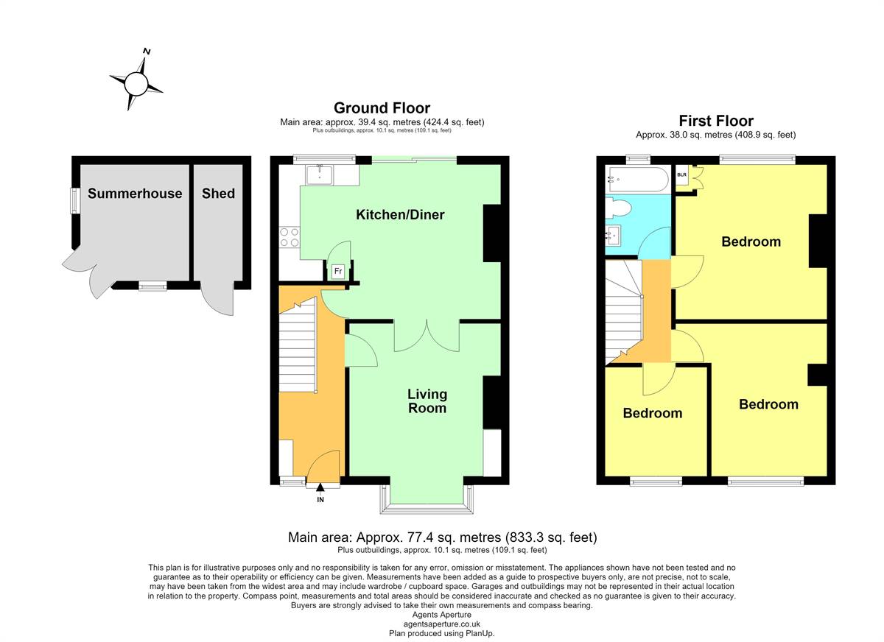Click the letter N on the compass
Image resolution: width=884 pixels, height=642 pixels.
coord(147,52)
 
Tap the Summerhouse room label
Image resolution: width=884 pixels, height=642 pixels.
coord(135,193)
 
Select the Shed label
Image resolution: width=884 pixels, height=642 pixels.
coord(218,193)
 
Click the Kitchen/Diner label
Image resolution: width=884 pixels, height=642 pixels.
coord(400,214)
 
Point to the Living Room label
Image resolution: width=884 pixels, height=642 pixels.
coord(427,401)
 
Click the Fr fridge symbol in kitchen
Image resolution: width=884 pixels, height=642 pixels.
coord(338,271)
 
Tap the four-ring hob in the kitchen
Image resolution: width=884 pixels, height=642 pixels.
coord(290,237)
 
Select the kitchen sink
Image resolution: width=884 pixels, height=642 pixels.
coord(319,175)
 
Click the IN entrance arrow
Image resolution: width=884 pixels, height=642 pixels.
coord(320,487)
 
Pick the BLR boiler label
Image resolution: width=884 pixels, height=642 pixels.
coord(682,174)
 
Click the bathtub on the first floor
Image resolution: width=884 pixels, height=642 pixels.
coord(637,180)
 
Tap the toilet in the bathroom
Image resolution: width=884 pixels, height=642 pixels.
coord(617,208)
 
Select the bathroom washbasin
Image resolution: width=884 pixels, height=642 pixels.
coord(613,236)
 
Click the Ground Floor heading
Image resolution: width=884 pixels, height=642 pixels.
coord(382,107)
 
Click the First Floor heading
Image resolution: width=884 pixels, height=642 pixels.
coord(716,120)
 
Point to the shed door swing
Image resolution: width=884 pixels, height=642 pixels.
coord(218,298)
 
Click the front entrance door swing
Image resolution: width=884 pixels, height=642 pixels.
coord(323,466)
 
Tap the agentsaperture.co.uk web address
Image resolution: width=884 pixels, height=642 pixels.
coord(441,624)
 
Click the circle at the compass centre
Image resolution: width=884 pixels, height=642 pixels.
coord(136,84)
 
